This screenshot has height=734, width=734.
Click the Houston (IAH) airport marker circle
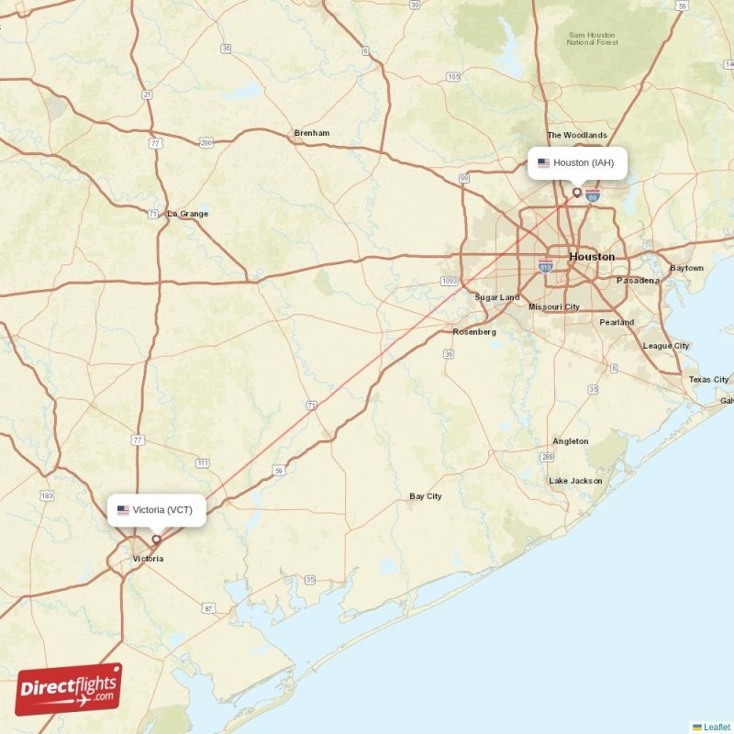[577, 193]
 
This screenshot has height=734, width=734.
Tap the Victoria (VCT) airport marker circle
[156, 539]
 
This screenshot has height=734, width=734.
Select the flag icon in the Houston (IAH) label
[543, 163]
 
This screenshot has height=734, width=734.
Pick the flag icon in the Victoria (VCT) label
[123, 510]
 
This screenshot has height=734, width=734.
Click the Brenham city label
[311, 133]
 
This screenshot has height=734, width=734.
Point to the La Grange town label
[187, 214]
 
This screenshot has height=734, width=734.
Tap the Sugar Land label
[496, 297]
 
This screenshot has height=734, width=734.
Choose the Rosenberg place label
[474, 331]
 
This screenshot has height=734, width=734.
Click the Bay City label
[426, 496]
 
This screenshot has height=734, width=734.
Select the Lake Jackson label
[575, 481]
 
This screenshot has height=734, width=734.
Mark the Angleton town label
[570, 441]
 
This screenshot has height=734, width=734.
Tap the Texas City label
[708, 379]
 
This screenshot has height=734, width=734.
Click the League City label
[666, 346]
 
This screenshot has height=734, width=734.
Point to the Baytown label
[686, 268]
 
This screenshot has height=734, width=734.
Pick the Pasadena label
[638, 280]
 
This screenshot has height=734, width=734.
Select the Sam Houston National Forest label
[592, 38]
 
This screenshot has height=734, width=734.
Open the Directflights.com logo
[69, 689]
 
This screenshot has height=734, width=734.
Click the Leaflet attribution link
[716, 727]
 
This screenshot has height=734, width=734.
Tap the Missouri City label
[554, 306]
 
